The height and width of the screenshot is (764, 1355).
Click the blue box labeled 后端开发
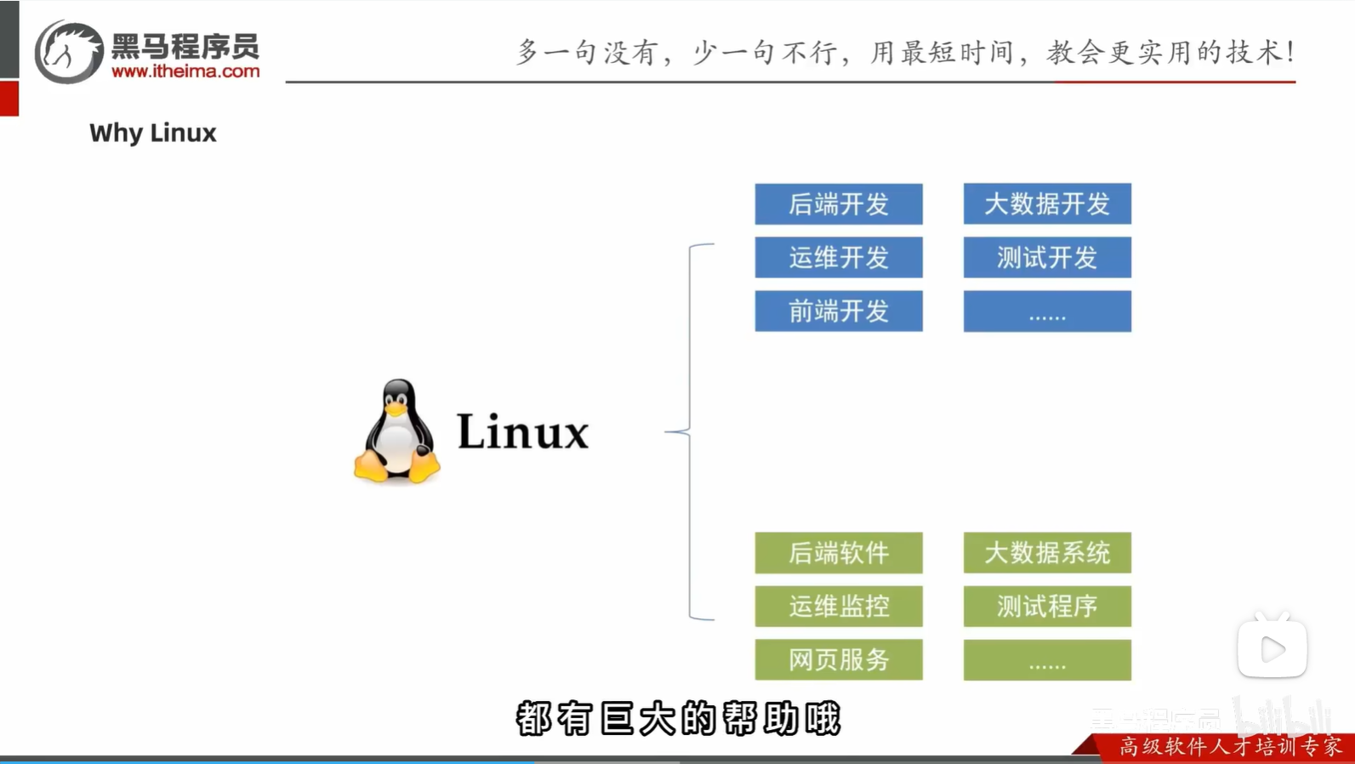[x=838, y=204]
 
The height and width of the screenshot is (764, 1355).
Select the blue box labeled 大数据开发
[x=1046, y=204]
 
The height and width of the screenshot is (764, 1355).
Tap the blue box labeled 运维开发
[x=838, y=257]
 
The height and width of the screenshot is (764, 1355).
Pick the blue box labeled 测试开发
[x=1046, y=257]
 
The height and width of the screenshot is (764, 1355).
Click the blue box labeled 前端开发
[x=838, y=311]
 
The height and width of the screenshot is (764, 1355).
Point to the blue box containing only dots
[x=1046, y=311]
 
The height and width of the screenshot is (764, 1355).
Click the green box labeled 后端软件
[x=838, y=553]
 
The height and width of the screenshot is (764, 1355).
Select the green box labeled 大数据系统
[x=1046, y=553]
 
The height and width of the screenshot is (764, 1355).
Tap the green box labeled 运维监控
[x=838, y=606]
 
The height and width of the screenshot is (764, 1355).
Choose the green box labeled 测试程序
[x=1046, y=606]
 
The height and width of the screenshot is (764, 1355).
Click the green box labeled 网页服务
[x=838, y=659]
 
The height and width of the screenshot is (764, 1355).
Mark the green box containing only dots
[x=1046, y=659]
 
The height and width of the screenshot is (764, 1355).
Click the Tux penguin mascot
[x=397, y=431]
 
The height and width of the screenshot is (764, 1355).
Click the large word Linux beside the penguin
[x=522, y=432]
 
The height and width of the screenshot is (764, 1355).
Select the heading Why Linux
[x=153, y=133]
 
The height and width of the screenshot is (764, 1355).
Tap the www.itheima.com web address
[x=185, y=71]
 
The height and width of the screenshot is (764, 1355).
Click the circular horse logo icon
[x=68, y=52]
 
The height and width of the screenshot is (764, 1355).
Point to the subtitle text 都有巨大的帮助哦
[x=678, y=719]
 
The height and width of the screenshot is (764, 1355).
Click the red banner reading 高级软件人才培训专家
[x=1229, y=746]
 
